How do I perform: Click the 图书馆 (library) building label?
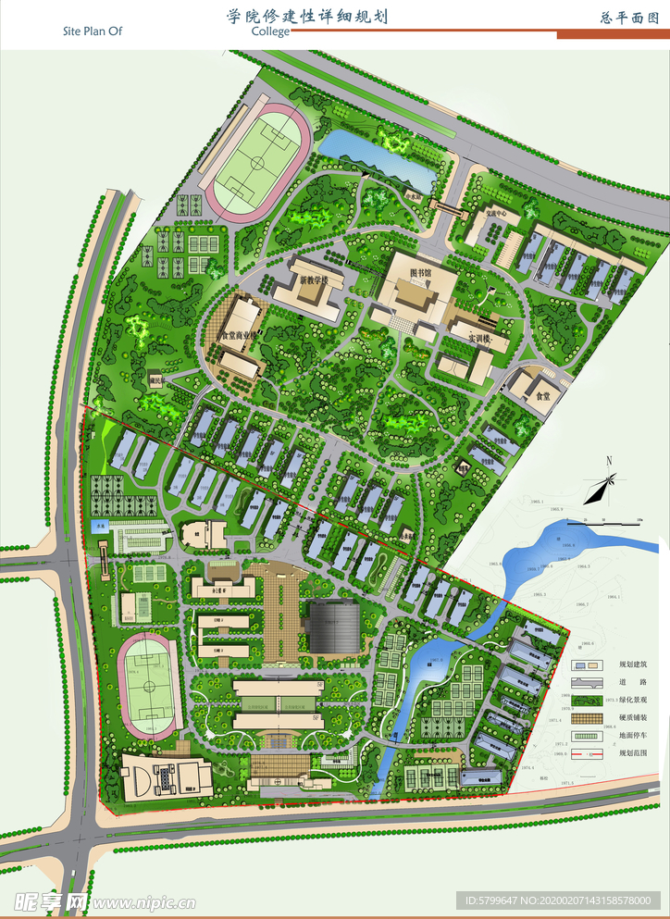click(x=421, y=274)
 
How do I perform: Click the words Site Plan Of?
click(x=92, y=31)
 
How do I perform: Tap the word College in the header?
click(x=270, y=31)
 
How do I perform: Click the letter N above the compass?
click(x=609, y=461)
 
